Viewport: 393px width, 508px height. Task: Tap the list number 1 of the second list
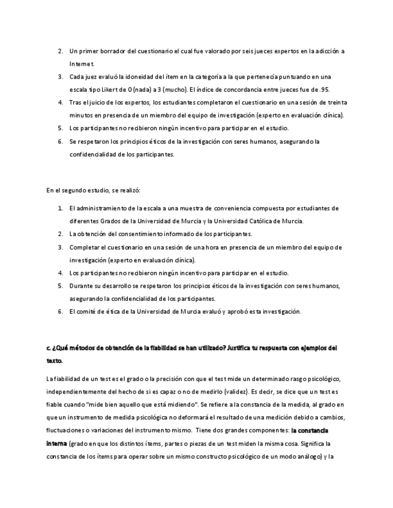pyautogui.click(x=60, y=208)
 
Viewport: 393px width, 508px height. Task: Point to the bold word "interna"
pyautogui.click(x=56, y=443)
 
